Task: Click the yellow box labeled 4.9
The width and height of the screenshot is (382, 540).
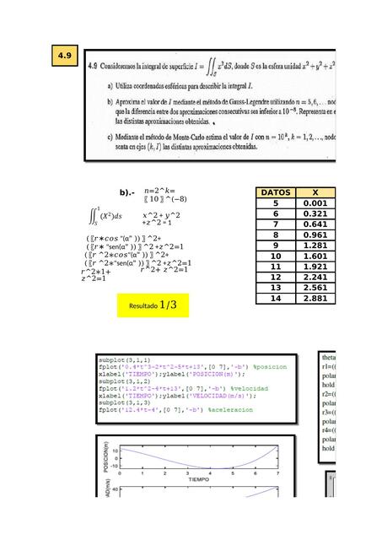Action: click(64, 57)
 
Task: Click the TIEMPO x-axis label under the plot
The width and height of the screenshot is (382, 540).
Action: click(198, 479)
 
